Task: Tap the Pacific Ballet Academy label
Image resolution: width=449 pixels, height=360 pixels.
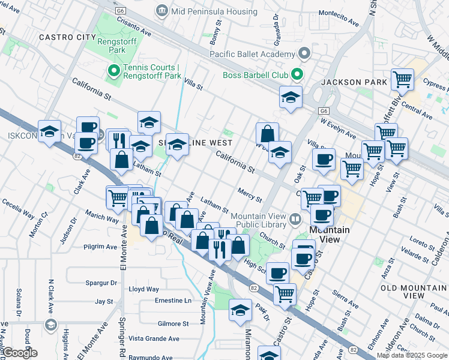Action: click(252, 54)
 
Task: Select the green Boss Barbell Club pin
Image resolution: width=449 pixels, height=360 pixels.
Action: click(296, 75)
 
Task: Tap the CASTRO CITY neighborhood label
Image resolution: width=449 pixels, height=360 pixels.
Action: click(64, 37)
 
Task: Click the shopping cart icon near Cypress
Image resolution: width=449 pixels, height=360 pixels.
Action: click(402, 79)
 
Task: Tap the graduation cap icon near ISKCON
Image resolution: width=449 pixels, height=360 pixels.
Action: click(49, 131)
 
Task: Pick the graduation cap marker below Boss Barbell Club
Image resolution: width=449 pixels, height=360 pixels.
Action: click(291, 98)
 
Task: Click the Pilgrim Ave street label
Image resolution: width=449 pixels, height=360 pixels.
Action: click(100, 247)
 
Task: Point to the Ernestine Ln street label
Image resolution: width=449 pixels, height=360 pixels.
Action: click(173, 300)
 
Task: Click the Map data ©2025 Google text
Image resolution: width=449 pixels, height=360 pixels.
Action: click(412, 355)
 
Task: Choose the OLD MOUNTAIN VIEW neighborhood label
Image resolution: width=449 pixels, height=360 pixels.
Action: click(413, 292)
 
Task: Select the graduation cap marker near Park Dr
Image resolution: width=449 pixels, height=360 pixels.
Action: click(240, 310)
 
